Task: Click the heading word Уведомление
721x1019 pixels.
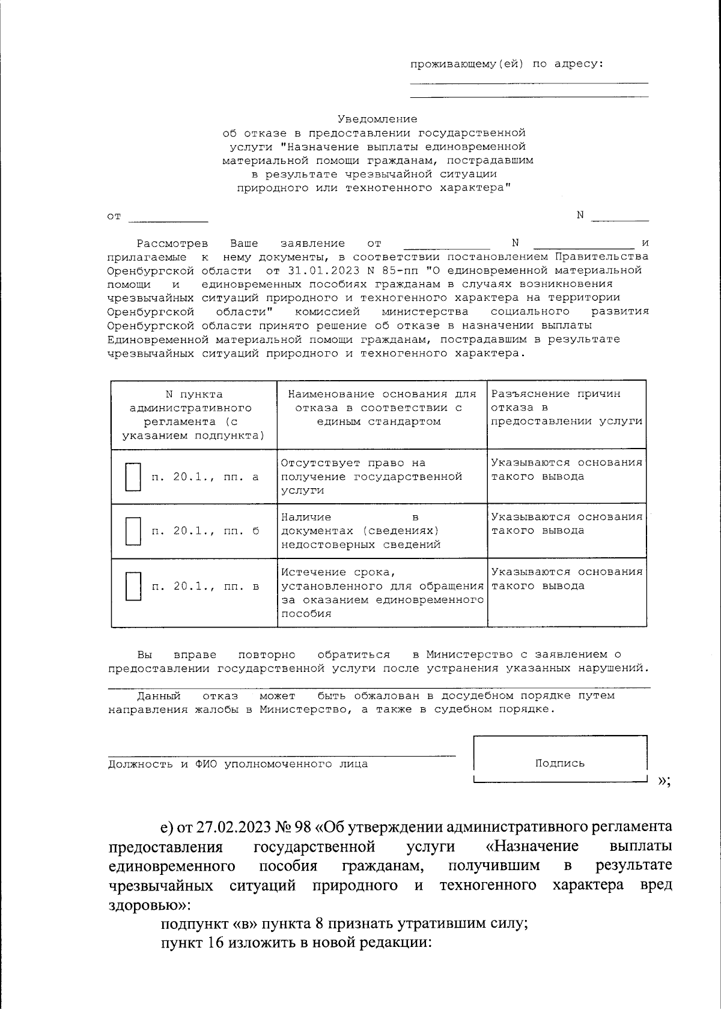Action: click(x=377, y=119)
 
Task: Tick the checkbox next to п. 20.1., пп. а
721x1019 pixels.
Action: click(x=133, y=477)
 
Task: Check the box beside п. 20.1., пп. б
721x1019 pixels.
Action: click(x=133, y=531)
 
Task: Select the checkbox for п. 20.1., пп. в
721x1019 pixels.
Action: click(x=133, y=586)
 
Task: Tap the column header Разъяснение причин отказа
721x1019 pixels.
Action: click(x=566, y=408)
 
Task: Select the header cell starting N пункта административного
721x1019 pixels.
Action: click(x=193, y=414)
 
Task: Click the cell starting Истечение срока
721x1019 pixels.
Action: click(x=382, y=592)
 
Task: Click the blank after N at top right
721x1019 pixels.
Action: click(x=619, y=216)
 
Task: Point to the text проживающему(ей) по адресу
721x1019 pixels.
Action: click(x=507, y=64)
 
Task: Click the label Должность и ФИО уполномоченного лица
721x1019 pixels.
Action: click(x=238, y=764)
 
